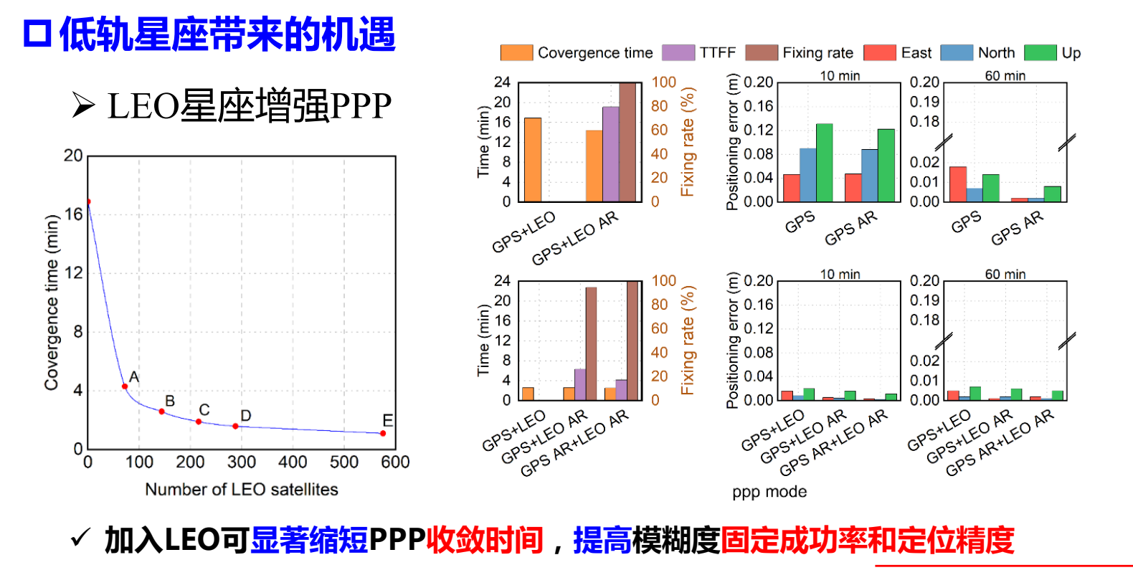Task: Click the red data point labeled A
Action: point(125,386)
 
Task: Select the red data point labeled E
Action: point(383,433)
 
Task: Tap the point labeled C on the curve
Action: point(199,422)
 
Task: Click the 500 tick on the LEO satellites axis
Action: point(343,462)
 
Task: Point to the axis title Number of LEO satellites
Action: point(241,490)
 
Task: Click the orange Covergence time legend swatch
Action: point(516,53)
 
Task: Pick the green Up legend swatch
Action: point(1040,53)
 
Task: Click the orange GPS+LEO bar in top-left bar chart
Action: point(533,160)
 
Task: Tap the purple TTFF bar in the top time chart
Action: point(610,154)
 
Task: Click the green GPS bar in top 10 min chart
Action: point(824,163)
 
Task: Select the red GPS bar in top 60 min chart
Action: point(958,184)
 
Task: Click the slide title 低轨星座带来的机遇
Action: point(227,34)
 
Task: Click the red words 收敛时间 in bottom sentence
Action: point(484,540)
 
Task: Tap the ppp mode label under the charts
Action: point(769,492)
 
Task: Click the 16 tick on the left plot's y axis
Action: point(73,214)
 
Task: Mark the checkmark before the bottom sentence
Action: point(81,537)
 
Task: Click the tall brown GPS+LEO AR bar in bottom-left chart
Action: point(591,343)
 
